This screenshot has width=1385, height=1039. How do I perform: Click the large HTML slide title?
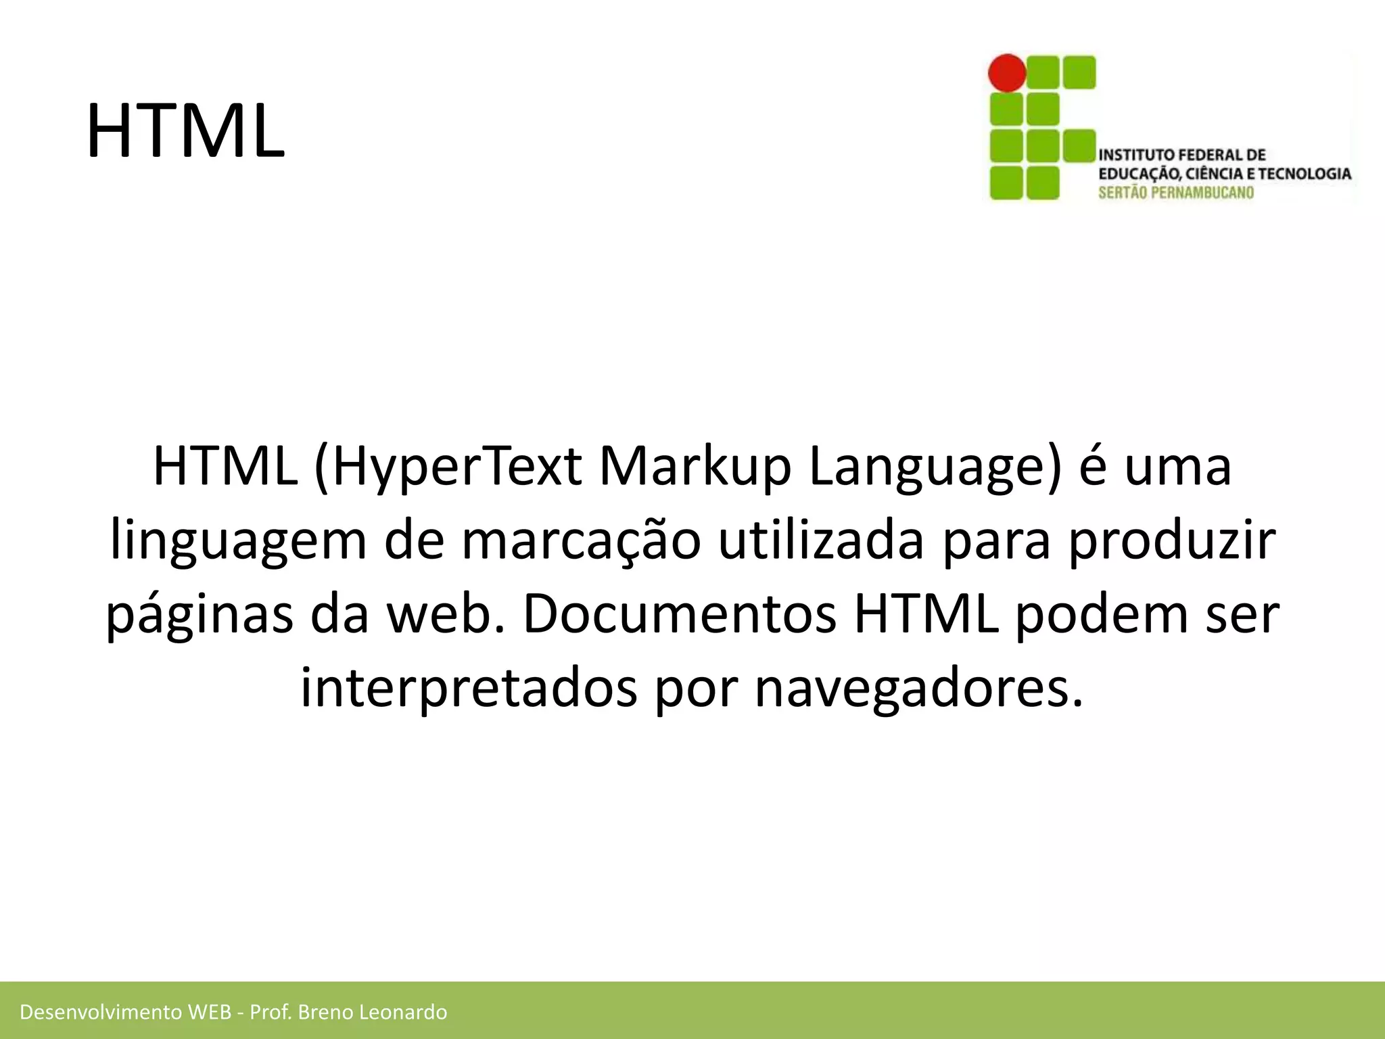tap(185, 131)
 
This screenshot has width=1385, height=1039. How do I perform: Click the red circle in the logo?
tap(1007, 72)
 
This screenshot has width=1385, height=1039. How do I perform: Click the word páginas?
tap(199, 614)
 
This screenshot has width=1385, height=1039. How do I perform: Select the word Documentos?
tap(680, 614)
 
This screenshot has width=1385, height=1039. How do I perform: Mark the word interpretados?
tap(469, 688)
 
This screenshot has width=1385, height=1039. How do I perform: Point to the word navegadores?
tap(918, 688)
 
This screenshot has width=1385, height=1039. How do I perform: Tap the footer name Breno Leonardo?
tap(372, 1012)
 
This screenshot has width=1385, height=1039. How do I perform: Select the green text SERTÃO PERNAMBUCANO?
tap(1176, 193)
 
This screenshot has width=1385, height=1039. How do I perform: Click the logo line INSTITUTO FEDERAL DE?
tap(1182, 155)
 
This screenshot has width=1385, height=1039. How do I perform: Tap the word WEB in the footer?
tap(210, 1012)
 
